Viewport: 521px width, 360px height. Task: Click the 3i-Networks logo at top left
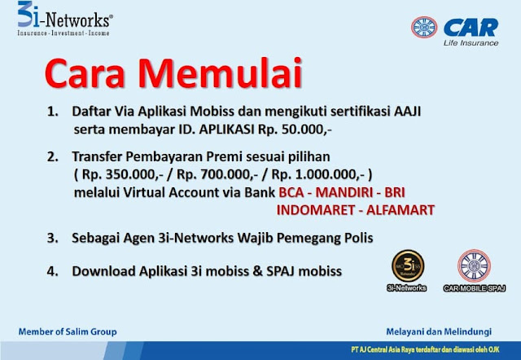click(65, 19)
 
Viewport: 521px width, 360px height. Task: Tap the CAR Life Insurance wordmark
click(471, 33)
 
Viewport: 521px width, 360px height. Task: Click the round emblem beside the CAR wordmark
click(424, 27)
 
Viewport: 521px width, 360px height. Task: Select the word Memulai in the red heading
click(220, 73)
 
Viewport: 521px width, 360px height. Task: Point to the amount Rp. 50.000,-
click(295, 130)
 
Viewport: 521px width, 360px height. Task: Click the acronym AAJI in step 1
click(407, 112)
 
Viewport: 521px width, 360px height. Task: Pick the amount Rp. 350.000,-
click(122, 174)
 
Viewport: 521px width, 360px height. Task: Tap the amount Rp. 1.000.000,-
click(318, 174)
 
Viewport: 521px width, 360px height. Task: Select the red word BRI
click(395, 192)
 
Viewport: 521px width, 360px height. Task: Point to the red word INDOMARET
click(316, 210)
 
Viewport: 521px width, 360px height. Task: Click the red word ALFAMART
click(401, 210)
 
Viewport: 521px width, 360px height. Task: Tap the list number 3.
click(52, 238)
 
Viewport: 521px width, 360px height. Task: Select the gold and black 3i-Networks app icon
click(408, 266)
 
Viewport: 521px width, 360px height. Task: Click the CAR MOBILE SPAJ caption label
click(475, 288)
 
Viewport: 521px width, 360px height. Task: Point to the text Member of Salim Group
click(68, 331)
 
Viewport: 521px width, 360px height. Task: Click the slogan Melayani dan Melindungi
click(439, 331)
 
